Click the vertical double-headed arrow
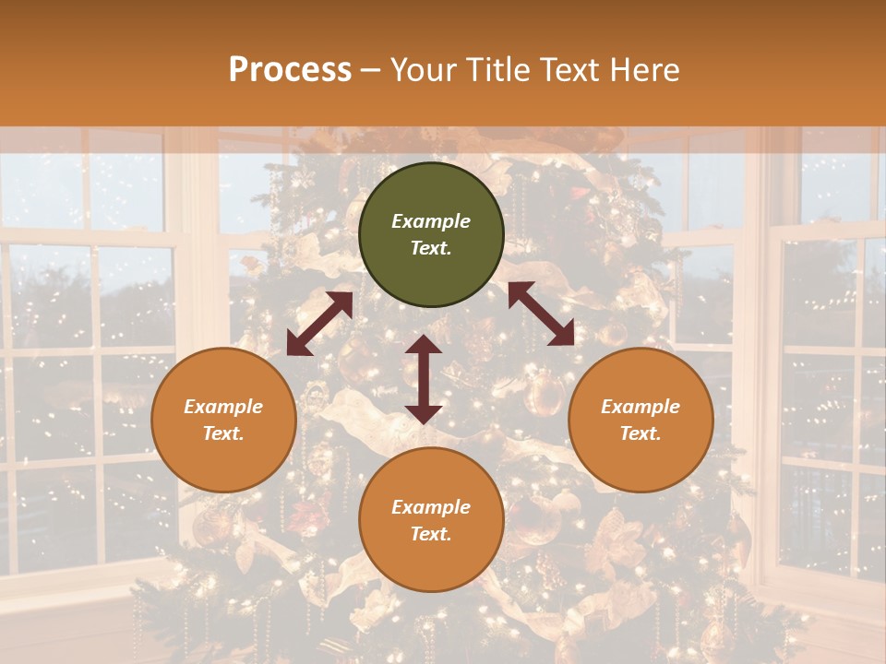pos(424,379)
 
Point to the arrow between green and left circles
pos(320,324)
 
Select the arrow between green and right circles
pos(541,314)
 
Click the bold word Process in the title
pos(290,69)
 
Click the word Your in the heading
pos(424,69)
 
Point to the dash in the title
pos(371,71)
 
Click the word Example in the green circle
pos(431,221)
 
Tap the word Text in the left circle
pos(223,433)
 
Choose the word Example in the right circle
pos(641,407)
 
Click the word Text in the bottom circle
pos(431,534)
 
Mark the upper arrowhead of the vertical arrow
pos(424,344)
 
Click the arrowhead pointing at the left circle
pos(297,345)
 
